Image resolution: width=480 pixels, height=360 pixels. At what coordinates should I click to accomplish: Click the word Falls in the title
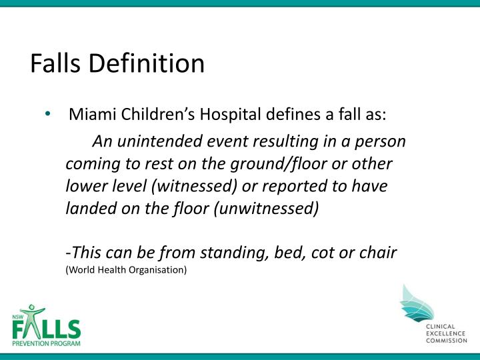(55, 63)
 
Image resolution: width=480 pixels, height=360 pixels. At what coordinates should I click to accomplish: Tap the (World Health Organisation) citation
(126, 270)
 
